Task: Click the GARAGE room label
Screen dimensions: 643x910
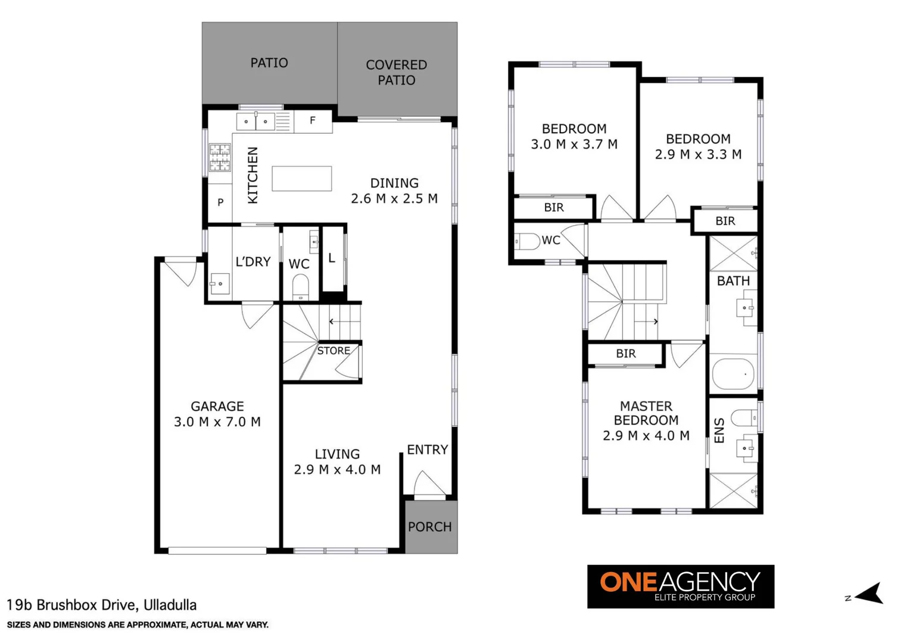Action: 217,407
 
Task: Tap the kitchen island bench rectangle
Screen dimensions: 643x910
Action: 301,179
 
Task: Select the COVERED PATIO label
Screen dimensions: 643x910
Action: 396,72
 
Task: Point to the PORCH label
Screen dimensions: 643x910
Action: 429,527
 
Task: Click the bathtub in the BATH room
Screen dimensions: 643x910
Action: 733,373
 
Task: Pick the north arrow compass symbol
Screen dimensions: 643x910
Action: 870,594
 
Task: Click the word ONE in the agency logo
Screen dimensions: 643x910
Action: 628,582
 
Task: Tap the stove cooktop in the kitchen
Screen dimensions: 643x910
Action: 219,158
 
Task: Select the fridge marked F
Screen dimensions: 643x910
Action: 313,121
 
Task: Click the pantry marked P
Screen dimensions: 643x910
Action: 220,202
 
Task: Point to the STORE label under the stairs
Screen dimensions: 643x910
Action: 334,351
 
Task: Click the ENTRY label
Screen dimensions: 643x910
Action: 427,450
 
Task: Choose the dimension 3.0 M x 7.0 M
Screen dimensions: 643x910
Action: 217,422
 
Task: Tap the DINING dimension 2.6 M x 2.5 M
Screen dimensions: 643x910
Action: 394,199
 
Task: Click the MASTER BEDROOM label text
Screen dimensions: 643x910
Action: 646,413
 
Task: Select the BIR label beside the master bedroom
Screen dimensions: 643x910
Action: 625,354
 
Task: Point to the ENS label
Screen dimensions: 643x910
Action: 719,430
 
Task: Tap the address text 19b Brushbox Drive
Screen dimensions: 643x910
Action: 101,605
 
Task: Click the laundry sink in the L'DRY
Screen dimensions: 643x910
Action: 220,283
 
